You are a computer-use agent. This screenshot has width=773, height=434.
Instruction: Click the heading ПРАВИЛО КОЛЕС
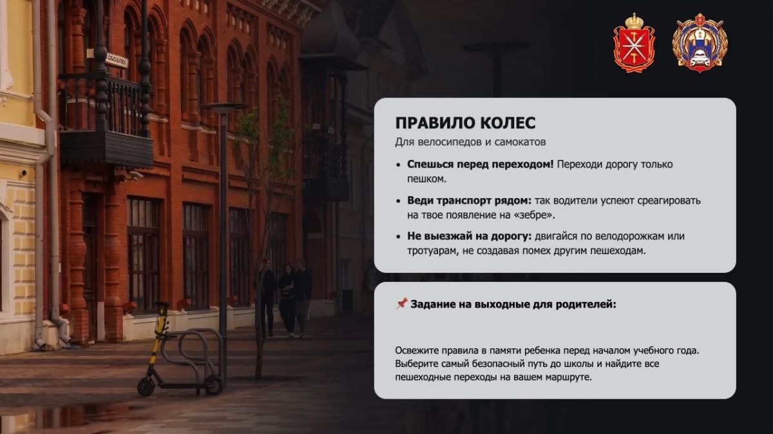pyautogui.click(x=465, y=123)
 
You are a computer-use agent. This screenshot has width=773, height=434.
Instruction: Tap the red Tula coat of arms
pyautogui.click(x=635, y=43)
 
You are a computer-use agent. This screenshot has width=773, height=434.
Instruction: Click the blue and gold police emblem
pyautogui.click(x=700, y=43)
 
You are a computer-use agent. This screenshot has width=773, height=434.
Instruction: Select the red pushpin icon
pyautogui.click(x=401, y=304)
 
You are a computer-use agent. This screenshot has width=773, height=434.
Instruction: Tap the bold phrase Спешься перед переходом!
pyautogui.click(x=481, y=165)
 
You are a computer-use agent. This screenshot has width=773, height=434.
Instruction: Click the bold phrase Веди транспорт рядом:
pyautogui.click(x=470, y=201)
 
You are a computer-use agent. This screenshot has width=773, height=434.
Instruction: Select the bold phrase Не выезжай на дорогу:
pyautogui.click(x=470, y=237)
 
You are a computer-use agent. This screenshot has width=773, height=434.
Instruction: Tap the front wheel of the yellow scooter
pyautogui.click(x=146, y=386)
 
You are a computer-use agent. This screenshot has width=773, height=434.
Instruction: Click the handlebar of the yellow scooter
pyautogui.click(x=161, y=306)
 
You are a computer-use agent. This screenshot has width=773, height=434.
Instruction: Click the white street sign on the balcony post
pyautogui.click(x=117, y=61)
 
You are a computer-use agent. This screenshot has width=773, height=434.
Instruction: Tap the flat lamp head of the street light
pyautogui.click(x=224, y=108)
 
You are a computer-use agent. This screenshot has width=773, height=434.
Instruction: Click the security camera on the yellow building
pyautogui.click(x=23, y=172)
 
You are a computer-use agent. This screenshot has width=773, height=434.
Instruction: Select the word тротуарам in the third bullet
pyautogui.click(x=433, y=252)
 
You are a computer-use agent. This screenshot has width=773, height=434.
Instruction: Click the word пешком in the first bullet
pyautogui.click(x=426, y=179)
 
